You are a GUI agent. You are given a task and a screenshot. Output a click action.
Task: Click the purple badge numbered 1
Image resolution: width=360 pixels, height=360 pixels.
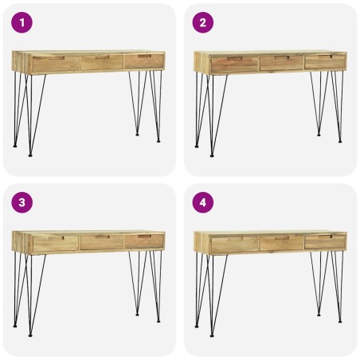(x=22, y=23)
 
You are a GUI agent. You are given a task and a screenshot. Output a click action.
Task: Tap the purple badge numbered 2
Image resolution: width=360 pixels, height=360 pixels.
(x=203, y=23)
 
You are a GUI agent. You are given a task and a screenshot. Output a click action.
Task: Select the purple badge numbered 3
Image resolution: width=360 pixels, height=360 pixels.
(x=22, y=203)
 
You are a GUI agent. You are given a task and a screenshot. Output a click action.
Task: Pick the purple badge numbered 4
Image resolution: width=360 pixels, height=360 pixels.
(x=203, y=203)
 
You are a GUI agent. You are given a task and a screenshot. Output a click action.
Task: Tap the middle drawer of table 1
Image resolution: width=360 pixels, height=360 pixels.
(x=101, y=62)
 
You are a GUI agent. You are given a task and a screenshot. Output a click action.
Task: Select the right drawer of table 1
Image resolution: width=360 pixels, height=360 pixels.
(x=144, y=61)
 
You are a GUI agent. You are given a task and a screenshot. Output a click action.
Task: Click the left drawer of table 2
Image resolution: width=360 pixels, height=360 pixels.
(x=234, y=64)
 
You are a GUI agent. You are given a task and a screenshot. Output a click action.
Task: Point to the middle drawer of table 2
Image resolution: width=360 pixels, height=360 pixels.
(x=281, y=63)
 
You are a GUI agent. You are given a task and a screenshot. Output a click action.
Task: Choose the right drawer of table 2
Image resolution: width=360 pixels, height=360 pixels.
(x=325, y=61)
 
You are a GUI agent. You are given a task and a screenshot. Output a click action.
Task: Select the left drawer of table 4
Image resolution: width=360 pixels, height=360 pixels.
(x=234, y=245)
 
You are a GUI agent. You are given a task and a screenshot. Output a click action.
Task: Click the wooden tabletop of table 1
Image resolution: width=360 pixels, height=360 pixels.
(x=88, y=53)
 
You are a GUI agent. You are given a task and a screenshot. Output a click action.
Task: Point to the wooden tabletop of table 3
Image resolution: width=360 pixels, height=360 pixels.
(x=88, y=233)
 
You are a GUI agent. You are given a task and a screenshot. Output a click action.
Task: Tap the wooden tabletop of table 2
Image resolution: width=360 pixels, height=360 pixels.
(x=271, y=53)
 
